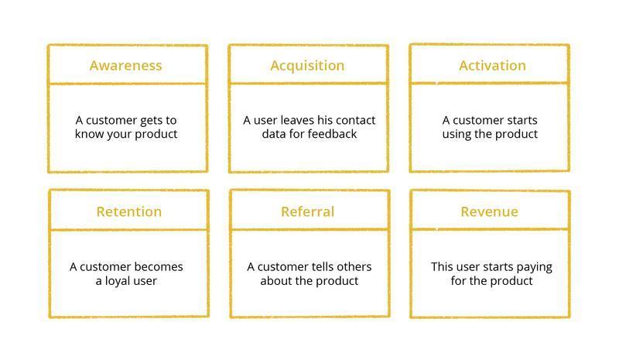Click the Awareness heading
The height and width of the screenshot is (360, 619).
(x=125, y=66)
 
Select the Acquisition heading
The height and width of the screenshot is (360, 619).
(x=307, y=66)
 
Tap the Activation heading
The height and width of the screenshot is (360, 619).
(x=492, y=66)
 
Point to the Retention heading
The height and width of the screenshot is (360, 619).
(x=129, y=212)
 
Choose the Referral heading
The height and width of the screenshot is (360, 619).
(x=307, y=212)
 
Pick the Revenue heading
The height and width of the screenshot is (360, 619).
(x=489, y=212)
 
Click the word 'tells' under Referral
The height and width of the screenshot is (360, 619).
(x=323, y=267)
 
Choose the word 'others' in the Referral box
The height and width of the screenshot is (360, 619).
(x=355, y=267)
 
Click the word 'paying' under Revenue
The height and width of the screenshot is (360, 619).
(x=534, y=267)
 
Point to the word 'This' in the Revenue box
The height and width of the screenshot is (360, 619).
(x=442, y=267)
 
